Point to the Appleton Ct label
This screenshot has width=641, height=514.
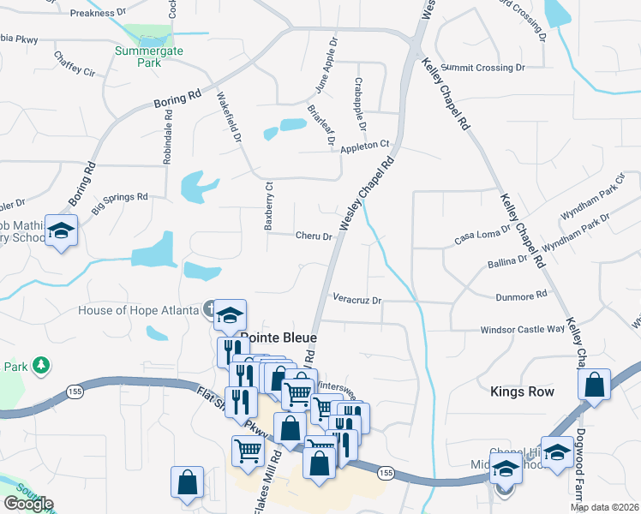tap(365, 146)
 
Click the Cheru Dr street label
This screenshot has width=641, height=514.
tap(314, 236)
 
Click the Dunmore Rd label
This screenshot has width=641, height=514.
tap(521, 296)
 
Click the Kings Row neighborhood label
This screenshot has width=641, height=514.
tap(522, 391)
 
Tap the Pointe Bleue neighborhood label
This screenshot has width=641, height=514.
tap(272, 337)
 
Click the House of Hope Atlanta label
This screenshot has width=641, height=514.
tap(137, 309)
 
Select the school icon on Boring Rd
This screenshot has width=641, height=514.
tap(62, 232)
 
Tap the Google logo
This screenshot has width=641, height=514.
tap(28, 504)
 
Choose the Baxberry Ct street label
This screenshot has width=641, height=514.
tap(268, 205)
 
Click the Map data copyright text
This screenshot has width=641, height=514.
tap(605, 507)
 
